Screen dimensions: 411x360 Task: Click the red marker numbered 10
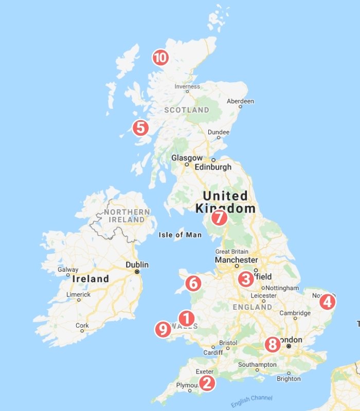[160, 58]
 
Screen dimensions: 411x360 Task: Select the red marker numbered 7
[219, 218]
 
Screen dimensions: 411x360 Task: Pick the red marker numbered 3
[245, 279]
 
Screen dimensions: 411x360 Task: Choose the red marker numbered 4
[327, 302]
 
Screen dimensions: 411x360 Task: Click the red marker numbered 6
[193, 283]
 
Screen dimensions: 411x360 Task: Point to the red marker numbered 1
[186, 319]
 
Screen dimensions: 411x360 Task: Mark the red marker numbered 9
[163, 329]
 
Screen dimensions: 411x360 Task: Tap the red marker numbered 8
[272, 344]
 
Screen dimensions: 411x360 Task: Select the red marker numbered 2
[207, 383]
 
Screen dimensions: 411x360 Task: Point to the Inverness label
[187, 86]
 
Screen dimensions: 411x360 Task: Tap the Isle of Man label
[178, 235]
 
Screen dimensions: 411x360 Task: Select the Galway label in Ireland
[68, 269]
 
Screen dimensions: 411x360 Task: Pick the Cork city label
[82, 325]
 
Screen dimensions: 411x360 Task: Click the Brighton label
[289, 379]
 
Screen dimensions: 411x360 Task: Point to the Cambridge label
[295, 313]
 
